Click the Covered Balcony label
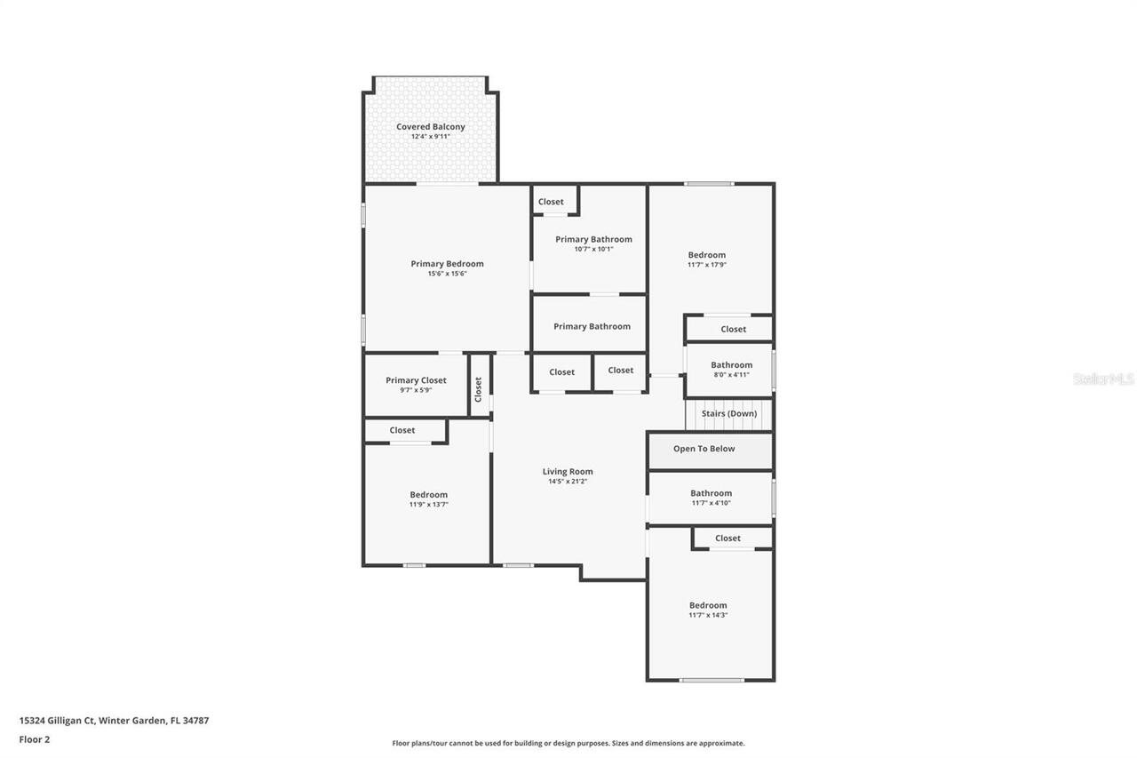(x=430, y=127)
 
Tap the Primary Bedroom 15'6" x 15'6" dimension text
(x=447, y=274)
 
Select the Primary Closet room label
(x=416, y=380)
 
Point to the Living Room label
(x=568, y=472)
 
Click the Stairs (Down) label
(x=729, y=414)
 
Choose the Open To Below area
(x=704, y=449)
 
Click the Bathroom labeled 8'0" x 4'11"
(x=731, y=365)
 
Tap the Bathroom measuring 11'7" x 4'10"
(x=711, y=493)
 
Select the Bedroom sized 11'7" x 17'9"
(x=707, y=255)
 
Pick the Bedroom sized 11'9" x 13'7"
(x=428, y=495)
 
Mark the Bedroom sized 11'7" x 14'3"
(x=708, y=606)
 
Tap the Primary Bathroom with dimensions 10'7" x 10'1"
(x=593, y=239)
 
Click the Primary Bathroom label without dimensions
(x=592, y=326)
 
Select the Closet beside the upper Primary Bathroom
(x=551, y=202)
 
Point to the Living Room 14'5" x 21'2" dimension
(x=568, y=482)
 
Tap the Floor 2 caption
(x=35, y=739)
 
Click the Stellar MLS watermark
(x=1103, y=379)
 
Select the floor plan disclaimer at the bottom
(x=568, y=743)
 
